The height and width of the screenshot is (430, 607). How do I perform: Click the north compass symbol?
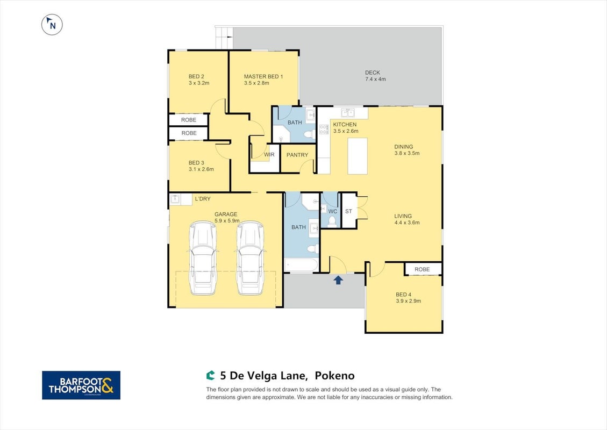pos(52,25)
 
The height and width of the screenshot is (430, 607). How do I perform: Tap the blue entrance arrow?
pos(338,280)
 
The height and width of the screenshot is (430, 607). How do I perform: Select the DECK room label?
pos(373,73)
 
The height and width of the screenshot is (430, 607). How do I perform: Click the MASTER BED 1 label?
pos(263,77)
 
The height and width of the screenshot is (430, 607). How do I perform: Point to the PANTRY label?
pos(297,155)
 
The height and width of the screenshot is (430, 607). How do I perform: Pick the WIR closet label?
pos(269,154)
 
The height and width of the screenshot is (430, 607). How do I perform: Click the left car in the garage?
pos(203,258)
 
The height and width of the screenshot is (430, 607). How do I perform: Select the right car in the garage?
pos(250,258)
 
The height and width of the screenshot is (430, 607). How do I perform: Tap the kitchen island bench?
pos(358,156)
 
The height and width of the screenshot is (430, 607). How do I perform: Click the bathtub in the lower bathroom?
pos(302,265)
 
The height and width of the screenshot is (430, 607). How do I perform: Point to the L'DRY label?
pos(203,198)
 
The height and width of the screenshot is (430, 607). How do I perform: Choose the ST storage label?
pos(348,211)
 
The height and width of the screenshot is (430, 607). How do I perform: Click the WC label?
pos(333,211)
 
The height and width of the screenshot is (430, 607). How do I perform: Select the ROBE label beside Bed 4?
pos(422,269)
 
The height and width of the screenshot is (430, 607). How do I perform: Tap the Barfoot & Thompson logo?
pos(81,385)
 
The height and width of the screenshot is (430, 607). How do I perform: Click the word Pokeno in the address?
pos(334,375)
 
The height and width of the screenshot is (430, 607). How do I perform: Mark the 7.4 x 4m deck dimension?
pos(375,79)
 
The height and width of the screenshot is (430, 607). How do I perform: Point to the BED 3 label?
pos(196,162)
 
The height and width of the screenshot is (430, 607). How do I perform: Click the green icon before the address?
pos(211,375)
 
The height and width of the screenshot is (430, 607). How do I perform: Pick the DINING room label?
pos(403,147)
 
